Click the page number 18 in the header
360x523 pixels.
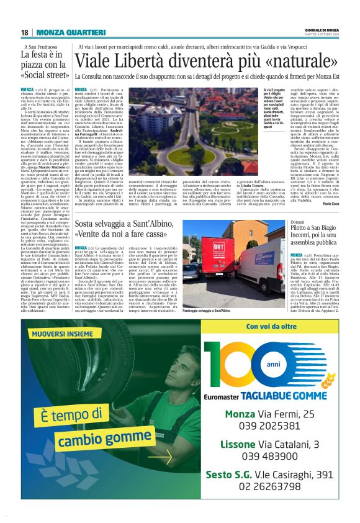pyautogui.click(x=24, y=32)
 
